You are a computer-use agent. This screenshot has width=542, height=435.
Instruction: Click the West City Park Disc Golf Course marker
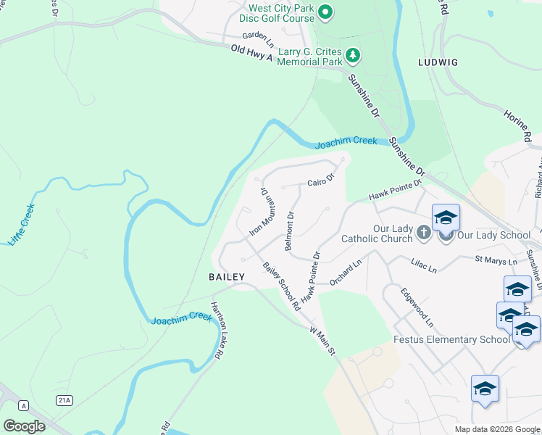pyautogui.click(x=325, y=11)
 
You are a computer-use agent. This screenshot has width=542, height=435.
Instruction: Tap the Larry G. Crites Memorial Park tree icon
pyautogui.click(x=352, y=55)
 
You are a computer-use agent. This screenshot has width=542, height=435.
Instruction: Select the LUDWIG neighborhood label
pyautogui.click(x=438, y=62)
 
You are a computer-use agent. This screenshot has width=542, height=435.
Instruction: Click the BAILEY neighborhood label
pyautogui.click(x=227, y=277)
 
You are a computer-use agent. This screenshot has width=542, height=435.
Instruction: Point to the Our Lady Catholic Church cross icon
pyautogui.click(x=425, y=233)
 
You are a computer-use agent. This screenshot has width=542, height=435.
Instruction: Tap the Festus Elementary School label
pyautogui.click(x=451, y=339)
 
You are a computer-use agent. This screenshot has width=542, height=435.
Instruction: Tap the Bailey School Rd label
pyautogui.click(x=282, y=286)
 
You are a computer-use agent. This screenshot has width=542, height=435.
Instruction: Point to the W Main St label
pyautogui.click(x=324, y=340)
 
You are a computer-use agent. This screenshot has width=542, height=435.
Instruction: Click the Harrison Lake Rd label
pyautogui.click(x=217, y=330)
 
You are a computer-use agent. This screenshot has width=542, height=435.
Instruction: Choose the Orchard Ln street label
pyautogui.click(x=346, y=274)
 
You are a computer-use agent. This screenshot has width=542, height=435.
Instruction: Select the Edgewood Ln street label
pyautogui.click(x=418, y=306)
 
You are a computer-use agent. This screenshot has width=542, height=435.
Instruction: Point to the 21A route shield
pyautogui.click(x=64, y=399)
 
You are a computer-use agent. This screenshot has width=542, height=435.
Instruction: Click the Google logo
pyautogui.click(x=25, y=426)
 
